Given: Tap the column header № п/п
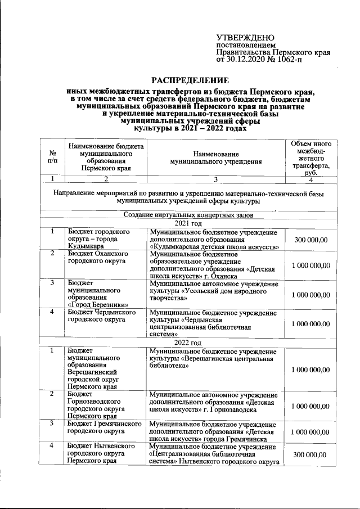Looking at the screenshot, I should [52, 157].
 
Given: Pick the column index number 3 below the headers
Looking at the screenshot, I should [216, 179].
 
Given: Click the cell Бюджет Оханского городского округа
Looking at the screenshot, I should [102, 257].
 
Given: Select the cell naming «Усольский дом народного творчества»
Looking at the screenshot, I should [216, 291].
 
